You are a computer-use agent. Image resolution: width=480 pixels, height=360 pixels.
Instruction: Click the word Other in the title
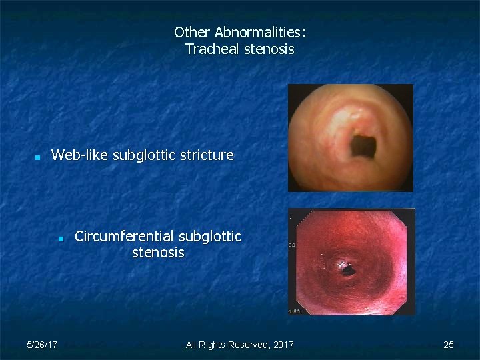click(x=192, y=32)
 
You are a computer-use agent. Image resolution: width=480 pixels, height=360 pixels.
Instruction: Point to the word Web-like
click(x=80, y=155)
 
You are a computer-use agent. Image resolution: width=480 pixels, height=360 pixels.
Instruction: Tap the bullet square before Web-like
click(x=38, y=158)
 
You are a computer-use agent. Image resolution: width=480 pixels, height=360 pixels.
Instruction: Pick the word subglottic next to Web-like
click(x=144, y=155)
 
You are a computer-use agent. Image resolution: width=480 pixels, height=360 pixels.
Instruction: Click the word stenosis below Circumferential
click(x=158, y=253)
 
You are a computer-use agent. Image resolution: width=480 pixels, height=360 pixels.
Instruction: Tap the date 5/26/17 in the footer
click(x=41, y=345)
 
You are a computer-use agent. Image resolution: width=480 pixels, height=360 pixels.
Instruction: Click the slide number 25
click(x=449, y=345)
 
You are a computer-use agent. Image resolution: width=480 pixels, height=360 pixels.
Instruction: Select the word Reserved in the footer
click(x=247, y=345)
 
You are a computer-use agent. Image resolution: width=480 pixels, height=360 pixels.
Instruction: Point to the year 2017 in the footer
click(x=282, y=345)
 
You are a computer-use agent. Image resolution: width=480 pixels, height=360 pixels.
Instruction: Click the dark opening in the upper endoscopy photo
click(x=363, y=143)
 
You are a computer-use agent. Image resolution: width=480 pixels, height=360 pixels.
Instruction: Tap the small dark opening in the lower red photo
click(x=347, y=269)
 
